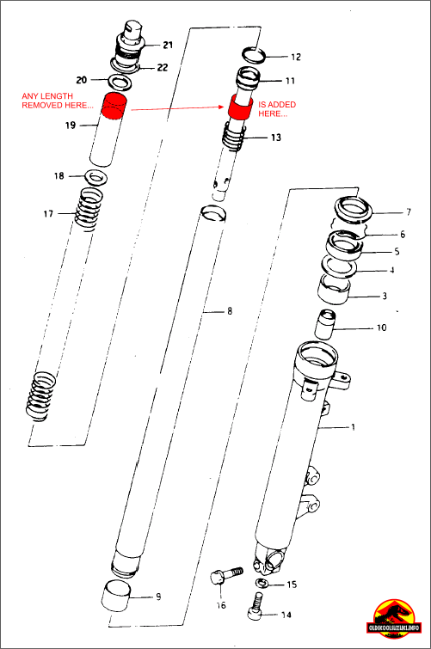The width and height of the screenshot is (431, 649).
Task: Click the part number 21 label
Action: [x=167, y=44]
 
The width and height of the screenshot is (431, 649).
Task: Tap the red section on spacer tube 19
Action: [x=114, y=105]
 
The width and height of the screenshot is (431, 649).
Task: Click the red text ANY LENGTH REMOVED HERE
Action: [x=57, y=100]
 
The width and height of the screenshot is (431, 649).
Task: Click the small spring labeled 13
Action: [x=233, y=136]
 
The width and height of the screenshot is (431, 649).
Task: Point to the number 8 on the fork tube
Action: [x=229, y=310]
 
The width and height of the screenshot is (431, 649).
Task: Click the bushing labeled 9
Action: [x=118, y=593]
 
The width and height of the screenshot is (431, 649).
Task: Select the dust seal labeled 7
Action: [x=354, y=210]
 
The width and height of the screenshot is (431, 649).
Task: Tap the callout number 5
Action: [x=397, y=252]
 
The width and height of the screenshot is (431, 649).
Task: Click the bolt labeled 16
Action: [x=223, y=578]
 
